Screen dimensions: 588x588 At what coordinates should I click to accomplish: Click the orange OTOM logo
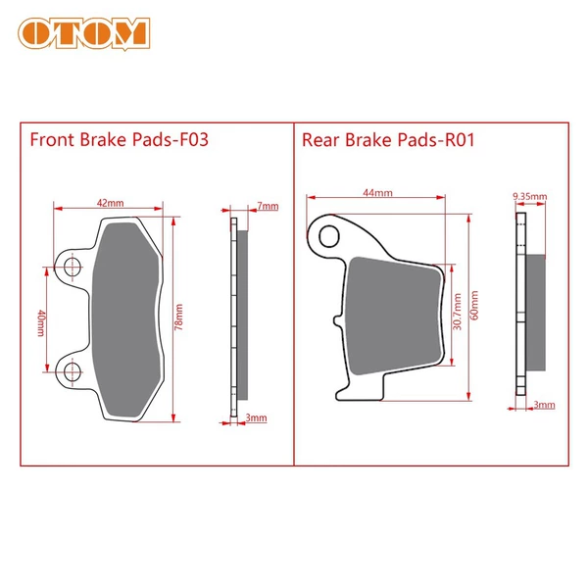click(x=84, y=33)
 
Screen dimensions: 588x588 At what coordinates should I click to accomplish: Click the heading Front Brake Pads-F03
click(x=119, y=140)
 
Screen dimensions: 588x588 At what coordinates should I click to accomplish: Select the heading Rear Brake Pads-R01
click(x=388, y=140)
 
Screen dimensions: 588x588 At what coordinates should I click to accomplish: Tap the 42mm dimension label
click(x=110, y=203)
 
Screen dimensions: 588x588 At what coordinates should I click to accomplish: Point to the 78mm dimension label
click(x=179, y=317)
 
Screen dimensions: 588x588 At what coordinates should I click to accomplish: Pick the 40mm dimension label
click(x=41, y=322)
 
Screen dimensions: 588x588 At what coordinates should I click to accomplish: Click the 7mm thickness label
click(x=268, y=206)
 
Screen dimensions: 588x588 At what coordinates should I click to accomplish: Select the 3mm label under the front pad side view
click(x=257, y=417)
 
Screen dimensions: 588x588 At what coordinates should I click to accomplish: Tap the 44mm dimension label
click(x=377, y=193)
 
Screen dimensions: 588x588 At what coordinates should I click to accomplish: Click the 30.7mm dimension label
click(x=457, y=312)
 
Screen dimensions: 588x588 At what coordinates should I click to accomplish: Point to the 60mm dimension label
click(x=474, y=305)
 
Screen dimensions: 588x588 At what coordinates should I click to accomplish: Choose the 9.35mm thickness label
click(x=530, y=196)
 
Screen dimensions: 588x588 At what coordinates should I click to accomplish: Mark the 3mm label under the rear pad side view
click(x=544, y=405)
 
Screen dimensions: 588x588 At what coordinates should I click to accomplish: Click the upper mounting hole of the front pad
click(x=72, y=267)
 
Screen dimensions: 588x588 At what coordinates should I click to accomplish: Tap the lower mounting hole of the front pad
click(x=72, y=371)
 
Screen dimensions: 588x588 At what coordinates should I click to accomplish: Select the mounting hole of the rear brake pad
click(x=329, y=236)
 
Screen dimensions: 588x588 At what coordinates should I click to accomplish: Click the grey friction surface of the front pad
click(x=126, y=319)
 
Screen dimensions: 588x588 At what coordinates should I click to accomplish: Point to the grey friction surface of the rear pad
click(x=393, y=316)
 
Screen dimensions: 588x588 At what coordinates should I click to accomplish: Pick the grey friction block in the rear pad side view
click(x=535, y=313)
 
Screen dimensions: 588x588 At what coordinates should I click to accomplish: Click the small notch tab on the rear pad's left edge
click(x=338, y=320)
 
